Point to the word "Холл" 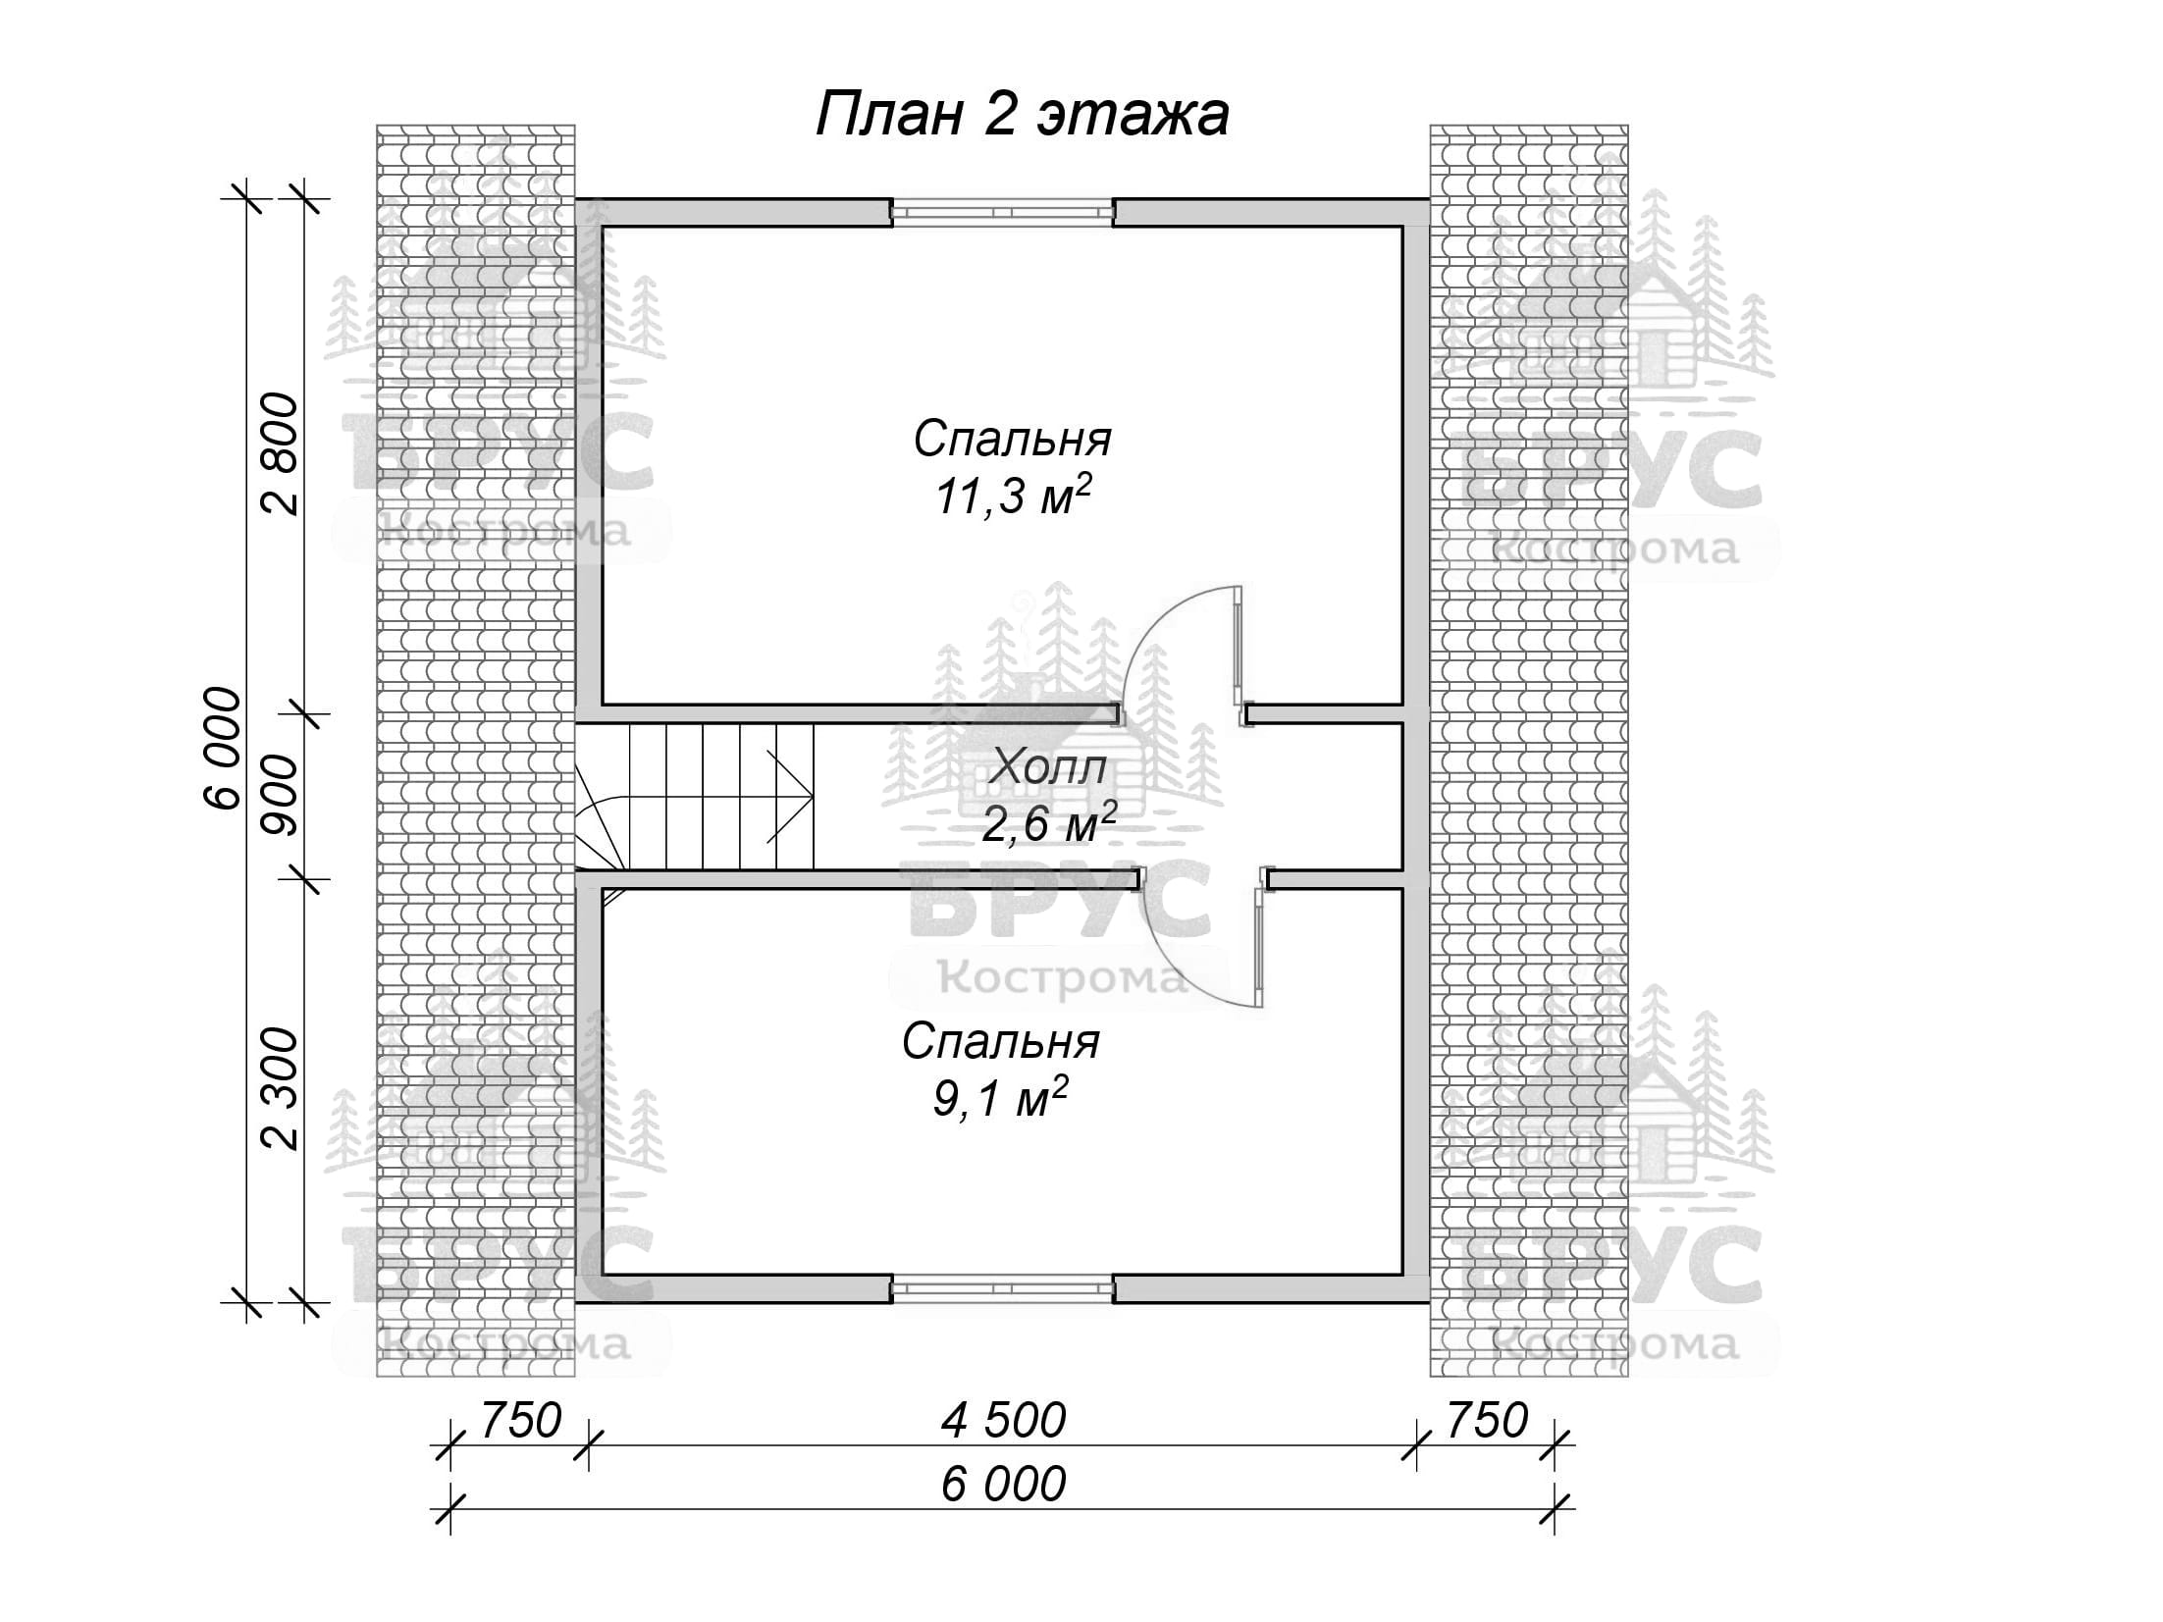(x=1048, y=767)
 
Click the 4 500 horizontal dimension (x=1002, y=1420)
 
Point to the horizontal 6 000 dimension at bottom (x=1002, y=1485)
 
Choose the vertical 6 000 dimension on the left (x=223, y=748)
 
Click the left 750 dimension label (x=519, y=1420)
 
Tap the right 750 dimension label (x=1486, y=1420)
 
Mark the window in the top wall (x=1002, y=211)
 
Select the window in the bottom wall (x=1002, y=1288)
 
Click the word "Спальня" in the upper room (x=1012, y=440)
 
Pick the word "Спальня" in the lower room (x=1000, y=1042)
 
